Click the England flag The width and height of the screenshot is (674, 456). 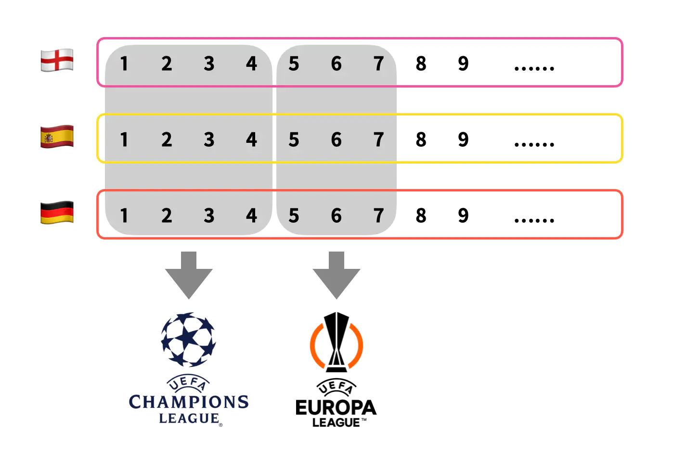[57, 61]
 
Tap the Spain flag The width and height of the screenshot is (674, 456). [57, 137]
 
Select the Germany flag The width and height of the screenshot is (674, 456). [57, 213]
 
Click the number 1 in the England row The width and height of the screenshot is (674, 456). [124, 63]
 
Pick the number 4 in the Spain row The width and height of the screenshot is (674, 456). [251, 139]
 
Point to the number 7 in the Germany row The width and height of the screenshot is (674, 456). [378, 215]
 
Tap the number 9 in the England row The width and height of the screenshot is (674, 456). [463, 63]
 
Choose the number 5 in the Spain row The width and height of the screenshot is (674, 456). [294, 139]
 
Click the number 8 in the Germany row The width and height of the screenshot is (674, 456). [421, 215]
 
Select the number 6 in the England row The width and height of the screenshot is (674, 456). [336, 63]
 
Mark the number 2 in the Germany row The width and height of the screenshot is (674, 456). [167, 215]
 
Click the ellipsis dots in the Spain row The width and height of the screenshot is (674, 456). [534, 144]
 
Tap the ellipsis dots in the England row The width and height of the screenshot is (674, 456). [534, 68]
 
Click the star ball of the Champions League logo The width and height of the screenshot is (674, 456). [188, 340]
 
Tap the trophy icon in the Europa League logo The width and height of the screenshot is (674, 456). [337, 342]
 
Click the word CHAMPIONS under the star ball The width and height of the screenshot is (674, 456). [189, 402]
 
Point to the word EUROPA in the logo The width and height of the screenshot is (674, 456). [336, 408]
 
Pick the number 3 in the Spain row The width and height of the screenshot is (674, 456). [209, 139]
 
